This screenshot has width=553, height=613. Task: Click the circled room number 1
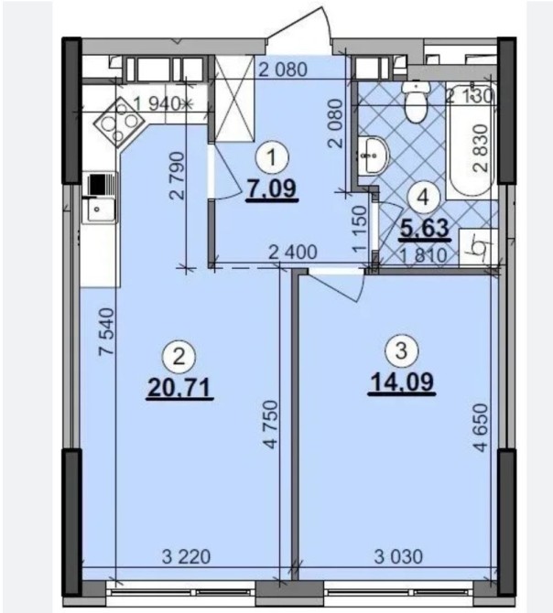coord(271,158)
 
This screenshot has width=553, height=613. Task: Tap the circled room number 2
coord(179,357)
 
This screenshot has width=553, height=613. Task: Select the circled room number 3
coord(401,350)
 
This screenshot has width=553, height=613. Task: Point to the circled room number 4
coord(424,199)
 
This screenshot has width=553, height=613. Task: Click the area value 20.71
coord(179,389)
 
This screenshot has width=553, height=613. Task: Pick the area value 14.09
coord(402,382)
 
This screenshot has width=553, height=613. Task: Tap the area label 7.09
coord(272,189)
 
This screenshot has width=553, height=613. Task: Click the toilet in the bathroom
coord(416,102)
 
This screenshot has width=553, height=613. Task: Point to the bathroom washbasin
coord(373,156)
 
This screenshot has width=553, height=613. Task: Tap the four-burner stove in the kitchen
coord(119,121)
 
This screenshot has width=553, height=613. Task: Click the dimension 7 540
coord(106,331)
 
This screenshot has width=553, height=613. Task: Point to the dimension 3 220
coord(187,556)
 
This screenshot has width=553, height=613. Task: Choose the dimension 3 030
coord(398,556)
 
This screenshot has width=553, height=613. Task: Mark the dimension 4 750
coord(270,424)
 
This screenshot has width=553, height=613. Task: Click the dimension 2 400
coord(293,253)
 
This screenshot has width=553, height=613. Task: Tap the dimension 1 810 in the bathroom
coord(423,255)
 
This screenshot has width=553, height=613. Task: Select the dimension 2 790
coord(177,176)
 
